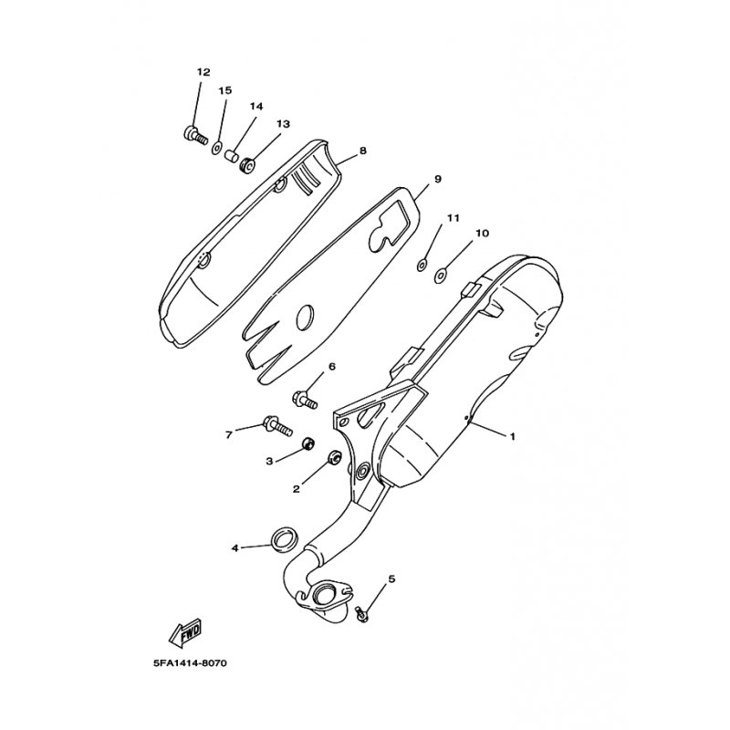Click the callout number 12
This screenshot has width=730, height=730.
[x=203, y=71]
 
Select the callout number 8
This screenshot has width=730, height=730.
[x=363, y=151]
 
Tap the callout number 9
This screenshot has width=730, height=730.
[x=438, y=179]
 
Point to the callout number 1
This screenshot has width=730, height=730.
[x=513, y=436]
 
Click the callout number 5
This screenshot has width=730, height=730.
[x=391, y=579]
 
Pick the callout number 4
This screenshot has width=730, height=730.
[x=235, y=548]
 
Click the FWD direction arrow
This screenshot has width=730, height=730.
[x=186, y=631]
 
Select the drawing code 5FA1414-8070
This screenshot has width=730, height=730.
[x=184, y=663]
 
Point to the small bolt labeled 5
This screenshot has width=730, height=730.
[x=363, y=613]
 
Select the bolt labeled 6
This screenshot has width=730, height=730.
[x=305, y=398]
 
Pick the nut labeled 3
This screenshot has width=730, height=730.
[x=309, y=444]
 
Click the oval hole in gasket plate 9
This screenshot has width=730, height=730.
[x=305, y=316]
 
